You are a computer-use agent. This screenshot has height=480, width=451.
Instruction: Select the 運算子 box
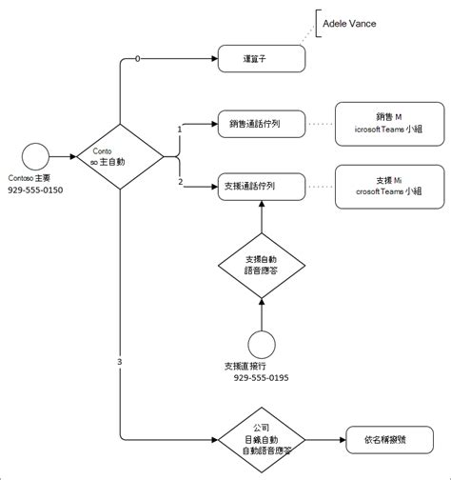coord(261,59)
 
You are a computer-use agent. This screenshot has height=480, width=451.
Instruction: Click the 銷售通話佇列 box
coord(261,123)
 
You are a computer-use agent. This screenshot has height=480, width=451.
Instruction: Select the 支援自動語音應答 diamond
coord(261,265)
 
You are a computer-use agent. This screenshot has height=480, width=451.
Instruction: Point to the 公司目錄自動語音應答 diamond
coord(261,440)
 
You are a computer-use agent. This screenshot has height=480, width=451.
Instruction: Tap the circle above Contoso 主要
coord(35,155)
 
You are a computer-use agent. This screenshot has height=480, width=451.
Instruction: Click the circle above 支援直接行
coord(261,341)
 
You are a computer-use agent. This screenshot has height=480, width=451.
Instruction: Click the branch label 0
coord(138,59)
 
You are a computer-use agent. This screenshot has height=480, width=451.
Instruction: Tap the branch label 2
coord(180,181)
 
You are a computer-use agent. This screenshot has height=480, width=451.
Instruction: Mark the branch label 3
coord(119,362)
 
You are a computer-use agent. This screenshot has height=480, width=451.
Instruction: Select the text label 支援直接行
coord(250,366)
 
